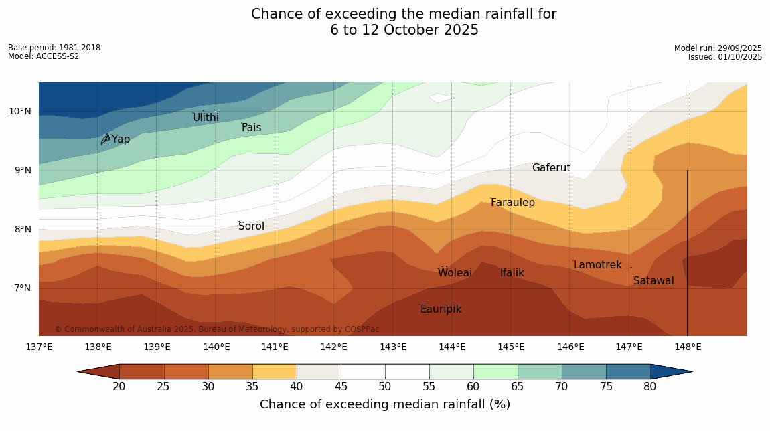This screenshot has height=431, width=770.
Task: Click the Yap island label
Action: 121,139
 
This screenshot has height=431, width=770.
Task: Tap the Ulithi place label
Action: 206,118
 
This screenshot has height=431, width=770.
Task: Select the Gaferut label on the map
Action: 551,168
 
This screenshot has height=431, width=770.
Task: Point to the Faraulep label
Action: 513,203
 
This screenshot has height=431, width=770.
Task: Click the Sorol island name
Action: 251,226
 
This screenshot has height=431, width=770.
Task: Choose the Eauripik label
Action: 441,309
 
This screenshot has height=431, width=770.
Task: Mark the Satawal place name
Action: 653,281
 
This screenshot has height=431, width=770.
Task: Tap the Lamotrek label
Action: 597,265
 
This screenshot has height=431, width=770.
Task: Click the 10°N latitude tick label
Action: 19,111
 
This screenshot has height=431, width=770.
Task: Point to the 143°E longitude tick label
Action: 393,347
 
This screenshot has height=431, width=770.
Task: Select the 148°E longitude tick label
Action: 688,347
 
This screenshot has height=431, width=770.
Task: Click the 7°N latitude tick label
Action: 19,288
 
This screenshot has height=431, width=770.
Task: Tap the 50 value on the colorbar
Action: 384,386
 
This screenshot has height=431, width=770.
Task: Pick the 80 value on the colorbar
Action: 650,386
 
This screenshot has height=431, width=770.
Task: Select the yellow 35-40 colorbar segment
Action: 274,371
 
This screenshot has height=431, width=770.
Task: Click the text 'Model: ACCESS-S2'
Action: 44,56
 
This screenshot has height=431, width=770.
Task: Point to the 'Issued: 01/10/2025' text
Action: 725,57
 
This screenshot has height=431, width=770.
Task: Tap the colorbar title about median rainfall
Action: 385,404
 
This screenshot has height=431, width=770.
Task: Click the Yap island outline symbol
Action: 105,139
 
